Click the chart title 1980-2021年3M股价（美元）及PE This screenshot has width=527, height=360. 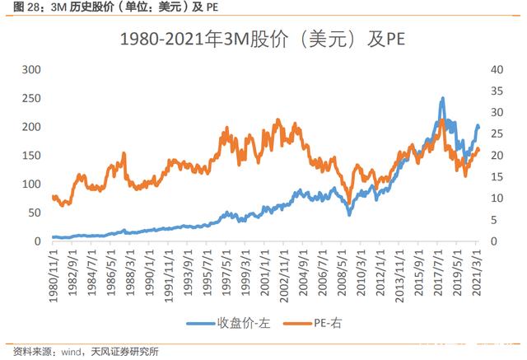point(263,39)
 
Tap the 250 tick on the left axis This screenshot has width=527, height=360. point(31,98)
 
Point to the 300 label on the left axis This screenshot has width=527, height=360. point(31,69)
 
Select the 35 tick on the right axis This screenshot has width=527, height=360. point(497,91)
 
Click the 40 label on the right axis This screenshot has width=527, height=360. point(497,69)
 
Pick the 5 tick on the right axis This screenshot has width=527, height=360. point(494,220)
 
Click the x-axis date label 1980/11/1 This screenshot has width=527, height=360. point(54,276)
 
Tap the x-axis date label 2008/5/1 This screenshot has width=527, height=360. point(342,273)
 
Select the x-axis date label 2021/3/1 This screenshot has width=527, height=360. point(477,273)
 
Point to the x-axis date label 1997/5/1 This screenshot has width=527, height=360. point(226,273)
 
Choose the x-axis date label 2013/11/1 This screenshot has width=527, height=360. point(399,276)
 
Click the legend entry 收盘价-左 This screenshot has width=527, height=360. point(229,324)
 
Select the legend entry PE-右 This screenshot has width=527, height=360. point(313,324)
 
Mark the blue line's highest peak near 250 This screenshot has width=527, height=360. point(442,98)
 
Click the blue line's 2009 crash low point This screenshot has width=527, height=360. point(349,214)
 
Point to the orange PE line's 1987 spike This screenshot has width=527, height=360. point(124,153)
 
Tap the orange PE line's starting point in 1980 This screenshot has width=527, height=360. point(53,197)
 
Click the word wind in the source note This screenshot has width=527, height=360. point(71,352)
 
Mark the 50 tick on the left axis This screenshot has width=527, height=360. point(35,213)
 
